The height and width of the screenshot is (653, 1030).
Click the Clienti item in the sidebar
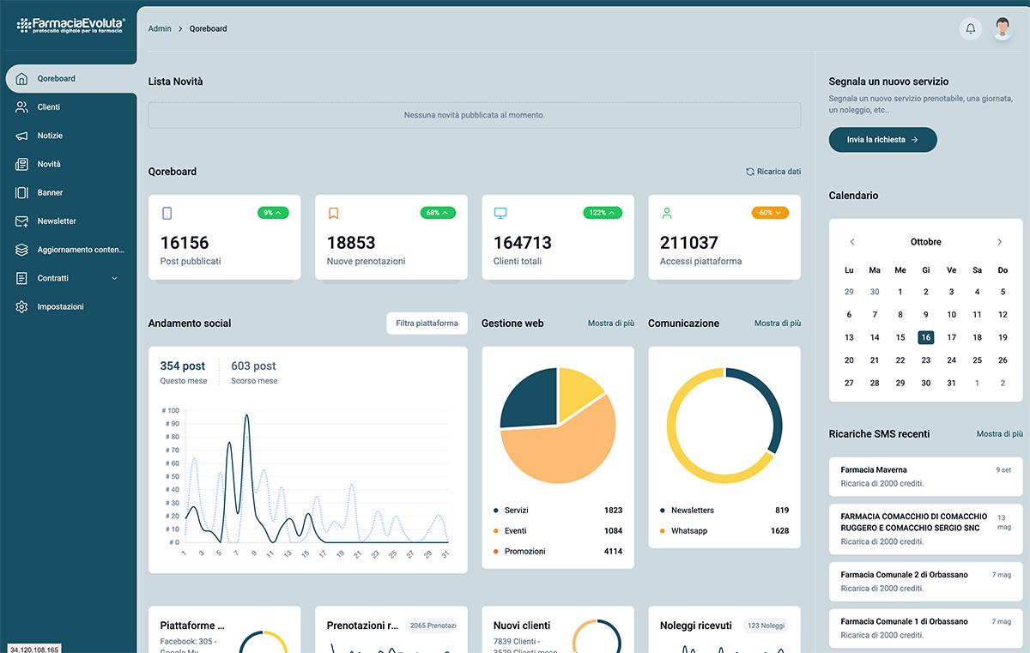(48, 107)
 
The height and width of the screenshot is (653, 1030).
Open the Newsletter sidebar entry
(56, 221)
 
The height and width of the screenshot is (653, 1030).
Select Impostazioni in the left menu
(60, 306)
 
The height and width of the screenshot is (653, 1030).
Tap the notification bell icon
(971, 28)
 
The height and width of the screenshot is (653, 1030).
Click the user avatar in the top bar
(1003, 28)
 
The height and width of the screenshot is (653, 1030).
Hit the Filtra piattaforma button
(427, 323)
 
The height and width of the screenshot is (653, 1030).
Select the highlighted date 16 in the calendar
(925, 337)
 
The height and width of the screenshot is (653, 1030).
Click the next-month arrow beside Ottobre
(999, 242)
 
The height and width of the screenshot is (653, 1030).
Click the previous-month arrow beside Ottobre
(852, 242)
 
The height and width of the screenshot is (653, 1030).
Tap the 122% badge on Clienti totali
(603, 213)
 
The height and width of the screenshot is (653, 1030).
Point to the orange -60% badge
(769, 213)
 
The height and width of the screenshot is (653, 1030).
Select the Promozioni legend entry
(524, 551)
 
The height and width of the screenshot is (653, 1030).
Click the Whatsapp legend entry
(688, 531)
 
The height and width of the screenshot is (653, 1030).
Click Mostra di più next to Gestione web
(610, 323)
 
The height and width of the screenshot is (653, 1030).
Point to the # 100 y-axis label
(170, 410)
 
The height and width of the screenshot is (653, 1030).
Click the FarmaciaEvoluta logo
(70, 25)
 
